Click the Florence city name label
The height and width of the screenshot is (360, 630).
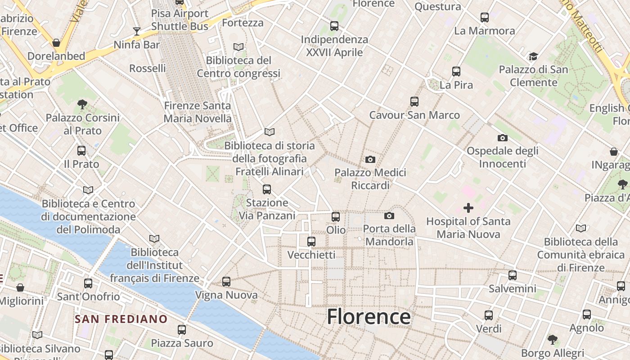point(369,317)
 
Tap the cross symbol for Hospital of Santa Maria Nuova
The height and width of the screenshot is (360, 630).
point(468,208)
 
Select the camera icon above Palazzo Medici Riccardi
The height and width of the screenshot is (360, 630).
point(370,159)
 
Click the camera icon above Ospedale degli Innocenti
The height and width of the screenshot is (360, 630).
point(503,138)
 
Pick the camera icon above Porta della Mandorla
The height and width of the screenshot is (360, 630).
point(389,216)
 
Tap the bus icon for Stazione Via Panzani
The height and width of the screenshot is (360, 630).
point(267,189)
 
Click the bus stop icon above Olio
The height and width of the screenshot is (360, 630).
point(336,217)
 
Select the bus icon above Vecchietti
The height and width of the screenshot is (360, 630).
point(311,242)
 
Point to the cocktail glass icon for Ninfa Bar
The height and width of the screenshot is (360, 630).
point(137,31)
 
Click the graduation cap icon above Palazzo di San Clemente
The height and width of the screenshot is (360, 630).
point(533,56)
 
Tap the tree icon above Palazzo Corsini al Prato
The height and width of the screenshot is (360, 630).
point(82,104)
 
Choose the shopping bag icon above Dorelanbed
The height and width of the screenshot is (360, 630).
point(56,43)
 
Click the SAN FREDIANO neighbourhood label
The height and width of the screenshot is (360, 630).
point(121,319)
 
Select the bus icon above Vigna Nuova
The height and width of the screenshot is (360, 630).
point(226,282)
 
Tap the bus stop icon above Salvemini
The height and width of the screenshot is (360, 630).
point(513,275)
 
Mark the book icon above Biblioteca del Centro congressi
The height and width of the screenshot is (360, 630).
point(238,47)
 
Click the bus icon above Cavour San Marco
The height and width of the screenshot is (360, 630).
point(414,102)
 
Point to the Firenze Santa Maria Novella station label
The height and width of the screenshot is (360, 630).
point(197,112)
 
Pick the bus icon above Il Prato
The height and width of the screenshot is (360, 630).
point(81,151)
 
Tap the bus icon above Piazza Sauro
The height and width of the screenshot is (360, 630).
point(182,330)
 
